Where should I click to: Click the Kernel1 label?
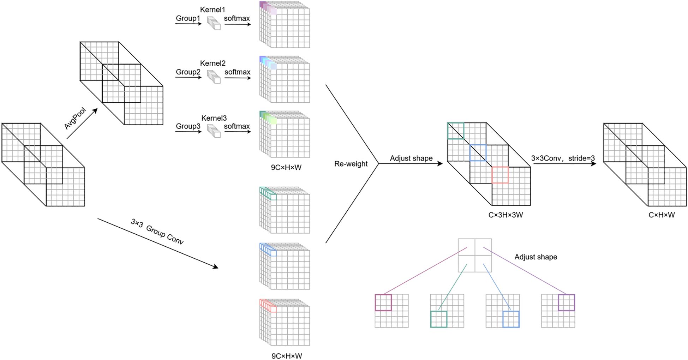212,10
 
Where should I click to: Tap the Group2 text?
188,72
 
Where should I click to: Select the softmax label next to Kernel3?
237,126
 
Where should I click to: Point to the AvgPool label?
75,119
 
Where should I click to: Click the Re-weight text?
351,164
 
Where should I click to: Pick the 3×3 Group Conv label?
157,232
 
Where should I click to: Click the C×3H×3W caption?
505,215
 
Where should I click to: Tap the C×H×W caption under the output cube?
662,215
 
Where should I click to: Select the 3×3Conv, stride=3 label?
563,158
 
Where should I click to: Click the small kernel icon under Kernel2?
214,77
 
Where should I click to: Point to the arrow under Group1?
188,24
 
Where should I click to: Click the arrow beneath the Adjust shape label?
411,163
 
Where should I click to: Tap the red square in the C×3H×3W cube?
500,175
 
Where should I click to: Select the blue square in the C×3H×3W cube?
478,153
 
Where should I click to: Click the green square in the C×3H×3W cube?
456,131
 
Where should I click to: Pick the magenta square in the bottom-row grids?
383,302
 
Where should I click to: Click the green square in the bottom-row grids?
439,319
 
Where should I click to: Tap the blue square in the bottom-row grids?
511,319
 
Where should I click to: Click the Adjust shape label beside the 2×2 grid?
536,257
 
